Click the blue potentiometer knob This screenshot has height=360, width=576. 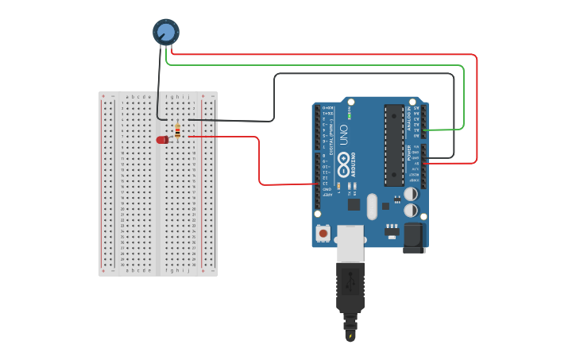(165, 32)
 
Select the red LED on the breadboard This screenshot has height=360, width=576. (162, 140)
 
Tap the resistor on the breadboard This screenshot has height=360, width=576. (177, 131)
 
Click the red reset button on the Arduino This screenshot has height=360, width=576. (323, 233)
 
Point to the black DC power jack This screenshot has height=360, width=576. (414, 237)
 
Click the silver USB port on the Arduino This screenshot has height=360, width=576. (350, 242)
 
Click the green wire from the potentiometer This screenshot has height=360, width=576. (318, 65)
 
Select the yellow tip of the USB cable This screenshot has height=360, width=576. (350, 336)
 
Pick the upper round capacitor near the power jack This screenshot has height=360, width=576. (411, 194)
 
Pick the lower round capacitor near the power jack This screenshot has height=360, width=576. (411, 211)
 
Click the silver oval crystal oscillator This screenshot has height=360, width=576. (372, 206)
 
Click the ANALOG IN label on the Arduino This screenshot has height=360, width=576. (409, 119)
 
